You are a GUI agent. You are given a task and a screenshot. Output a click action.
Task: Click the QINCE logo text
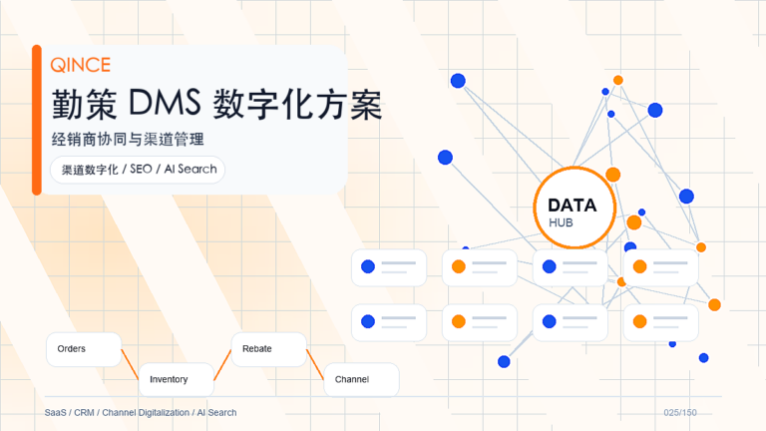click(x=81, y=65)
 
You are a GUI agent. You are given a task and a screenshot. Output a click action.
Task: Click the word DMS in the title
click(x=165, y=103)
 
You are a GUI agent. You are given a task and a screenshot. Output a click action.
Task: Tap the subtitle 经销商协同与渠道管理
click(x=128, y=140)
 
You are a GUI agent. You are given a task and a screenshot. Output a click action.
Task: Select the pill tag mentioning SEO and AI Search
click(x=138, y=170)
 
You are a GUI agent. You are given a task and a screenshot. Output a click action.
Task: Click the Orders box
click(x=84, y=349)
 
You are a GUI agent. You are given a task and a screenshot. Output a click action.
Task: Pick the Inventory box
click(x=177, y=379)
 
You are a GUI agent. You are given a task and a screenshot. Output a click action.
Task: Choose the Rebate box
click(x=268, y=349)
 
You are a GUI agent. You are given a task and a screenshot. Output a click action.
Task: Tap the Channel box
click(x=361, y=379)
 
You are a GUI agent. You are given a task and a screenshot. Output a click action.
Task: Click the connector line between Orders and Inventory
click(x=130, y=364)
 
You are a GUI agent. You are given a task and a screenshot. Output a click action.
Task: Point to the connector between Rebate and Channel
click(x=315, y=364)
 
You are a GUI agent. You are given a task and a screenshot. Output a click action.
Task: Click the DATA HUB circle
click(x=574, y=208)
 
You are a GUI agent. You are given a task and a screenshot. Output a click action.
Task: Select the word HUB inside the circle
click(x=561, y=222)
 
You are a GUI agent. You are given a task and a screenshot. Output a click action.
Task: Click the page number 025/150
click(x=680, y=412)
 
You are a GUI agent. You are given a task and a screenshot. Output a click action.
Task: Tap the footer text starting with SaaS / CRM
click(x=141, y=412)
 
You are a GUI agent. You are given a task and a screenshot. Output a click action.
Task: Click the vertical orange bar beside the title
click(x=37, y=120)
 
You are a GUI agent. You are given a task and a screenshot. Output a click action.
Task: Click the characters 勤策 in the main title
click(x=85, y=104)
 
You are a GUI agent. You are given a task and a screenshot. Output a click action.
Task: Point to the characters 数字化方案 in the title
click(x=297, y=104)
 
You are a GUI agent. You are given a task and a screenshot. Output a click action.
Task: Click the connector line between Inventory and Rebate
click(x=222, y=364)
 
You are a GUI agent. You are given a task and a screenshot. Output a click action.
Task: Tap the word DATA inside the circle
click(x=573, y=206)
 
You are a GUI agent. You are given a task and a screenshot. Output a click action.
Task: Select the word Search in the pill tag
click(x=197, y=169)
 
